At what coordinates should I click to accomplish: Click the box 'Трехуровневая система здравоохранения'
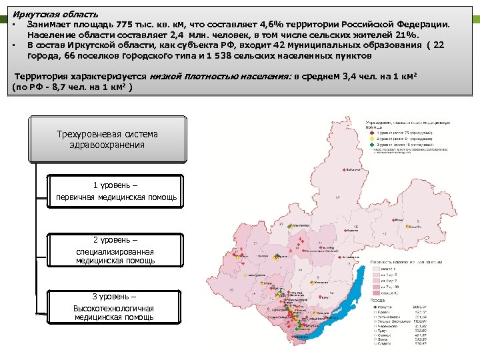[107, 139]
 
